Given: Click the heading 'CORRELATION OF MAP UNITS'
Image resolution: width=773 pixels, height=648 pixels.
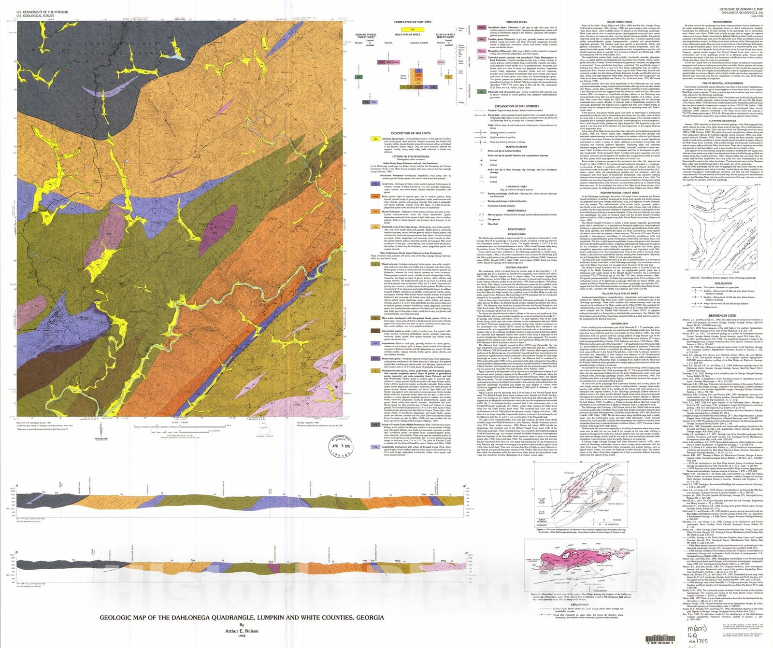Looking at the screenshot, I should tap(412, 22).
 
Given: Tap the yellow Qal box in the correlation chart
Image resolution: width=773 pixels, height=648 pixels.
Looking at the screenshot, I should tap(413, 29).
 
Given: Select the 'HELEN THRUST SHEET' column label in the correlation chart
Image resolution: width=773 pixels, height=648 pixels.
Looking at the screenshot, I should tap(407, 35).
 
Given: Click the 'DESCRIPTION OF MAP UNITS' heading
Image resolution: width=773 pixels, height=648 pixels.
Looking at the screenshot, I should tap(410, 133).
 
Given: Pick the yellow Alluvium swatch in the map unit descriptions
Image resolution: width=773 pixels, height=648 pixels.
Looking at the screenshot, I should tap(375, 139).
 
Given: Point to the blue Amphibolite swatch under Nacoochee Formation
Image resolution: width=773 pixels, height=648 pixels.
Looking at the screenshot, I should tap(375, 183).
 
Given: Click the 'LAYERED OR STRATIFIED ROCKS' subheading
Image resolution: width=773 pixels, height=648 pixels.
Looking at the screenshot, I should tap(410, 157).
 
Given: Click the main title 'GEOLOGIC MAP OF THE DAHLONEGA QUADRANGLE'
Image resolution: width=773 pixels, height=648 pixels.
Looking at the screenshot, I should tap(242, 618).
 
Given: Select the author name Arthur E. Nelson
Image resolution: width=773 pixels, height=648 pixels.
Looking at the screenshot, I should tap(242, 631).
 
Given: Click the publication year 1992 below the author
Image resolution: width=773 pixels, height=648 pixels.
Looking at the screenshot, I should tap(242, 636).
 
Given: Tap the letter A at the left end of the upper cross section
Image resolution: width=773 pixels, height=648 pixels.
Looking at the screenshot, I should tap(17, 486).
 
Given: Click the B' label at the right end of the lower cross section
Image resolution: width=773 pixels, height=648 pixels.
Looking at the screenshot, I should tap(466, 553).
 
